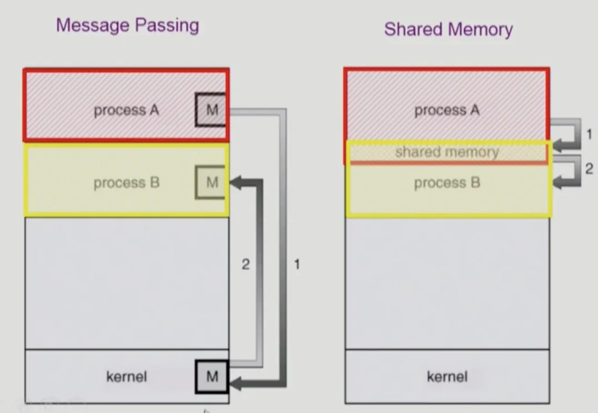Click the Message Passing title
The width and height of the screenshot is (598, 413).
point(127,26)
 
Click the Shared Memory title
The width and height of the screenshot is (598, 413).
point(448,29)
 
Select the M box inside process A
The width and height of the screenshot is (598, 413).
point(212,110)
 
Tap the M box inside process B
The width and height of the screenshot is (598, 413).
point(212,182)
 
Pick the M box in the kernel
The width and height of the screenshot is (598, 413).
point(212,376)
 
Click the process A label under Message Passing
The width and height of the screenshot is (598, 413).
point(126,110)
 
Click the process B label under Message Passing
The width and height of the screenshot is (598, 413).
point(126,183)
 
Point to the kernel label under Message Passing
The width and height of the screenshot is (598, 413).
point(126,377)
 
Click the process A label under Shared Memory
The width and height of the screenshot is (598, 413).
point(447,110)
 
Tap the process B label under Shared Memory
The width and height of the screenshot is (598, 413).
point(447,183)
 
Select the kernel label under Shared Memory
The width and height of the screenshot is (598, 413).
point(447,377)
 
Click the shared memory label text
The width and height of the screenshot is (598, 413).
point(447,152)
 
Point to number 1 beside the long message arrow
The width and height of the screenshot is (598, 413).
point(297,264)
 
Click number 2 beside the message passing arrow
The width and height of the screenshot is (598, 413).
point(245,264)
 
